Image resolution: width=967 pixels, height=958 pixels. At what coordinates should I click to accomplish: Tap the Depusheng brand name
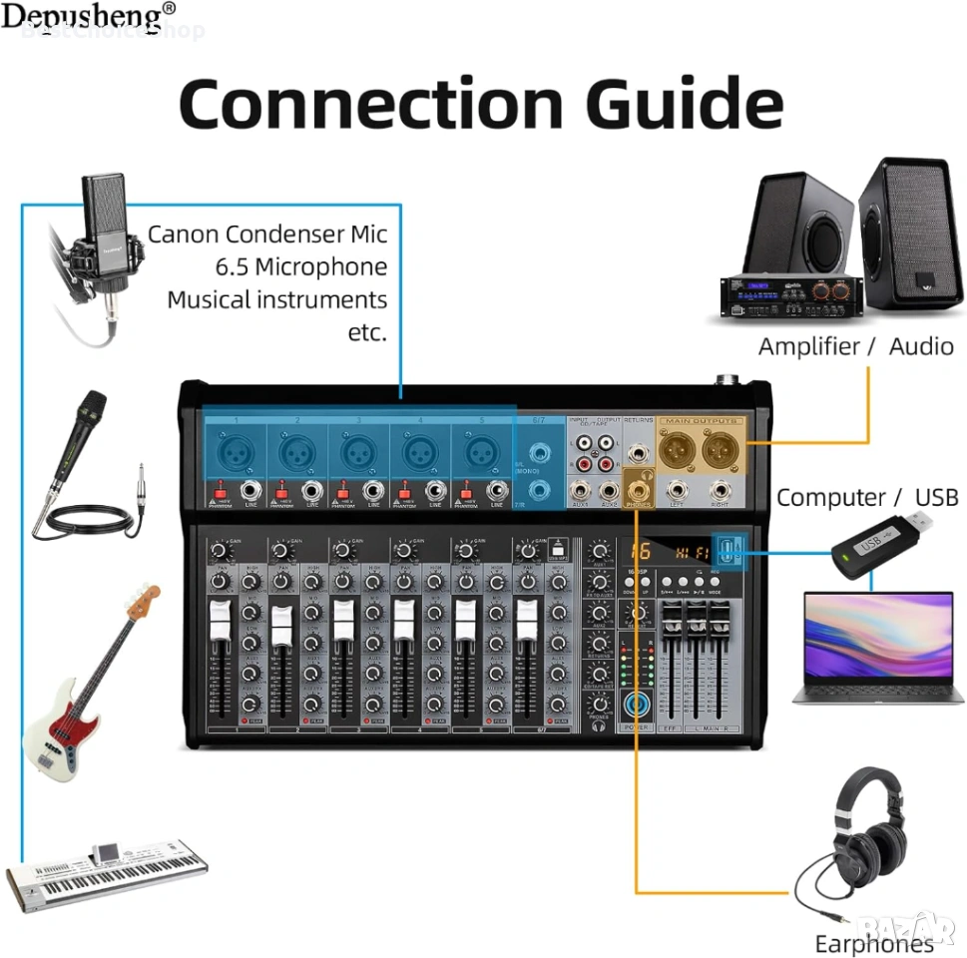(x=88, y=17)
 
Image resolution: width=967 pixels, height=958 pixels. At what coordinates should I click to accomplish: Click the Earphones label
(x=873, y=944)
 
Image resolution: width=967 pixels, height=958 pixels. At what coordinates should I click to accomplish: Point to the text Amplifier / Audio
(x=855, y=346)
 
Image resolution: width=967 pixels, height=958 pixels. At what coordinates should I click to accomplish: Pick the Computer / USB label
(x=866, y=497)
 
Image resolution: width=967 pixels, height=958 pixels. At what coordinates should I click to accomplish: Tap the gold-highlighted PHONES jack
(x=638, y=489)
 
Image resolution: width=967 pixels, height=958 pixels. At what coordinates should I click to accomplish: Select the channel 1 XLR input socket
(x=237, y=454)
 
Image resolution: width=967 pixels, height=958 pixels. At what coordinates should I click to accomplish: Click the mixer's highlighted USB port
(x=731, y=551)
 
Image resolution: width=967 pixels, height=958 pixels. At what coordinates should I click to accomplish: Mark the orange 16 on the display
(x=640, y=551)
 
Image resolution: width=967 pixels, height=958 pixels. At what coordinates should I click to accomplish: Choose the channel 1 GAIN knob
(x=219, y=550)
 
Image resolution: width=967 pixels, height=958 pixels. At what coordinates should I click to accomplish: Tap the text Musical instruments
(x=276, y=299)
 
